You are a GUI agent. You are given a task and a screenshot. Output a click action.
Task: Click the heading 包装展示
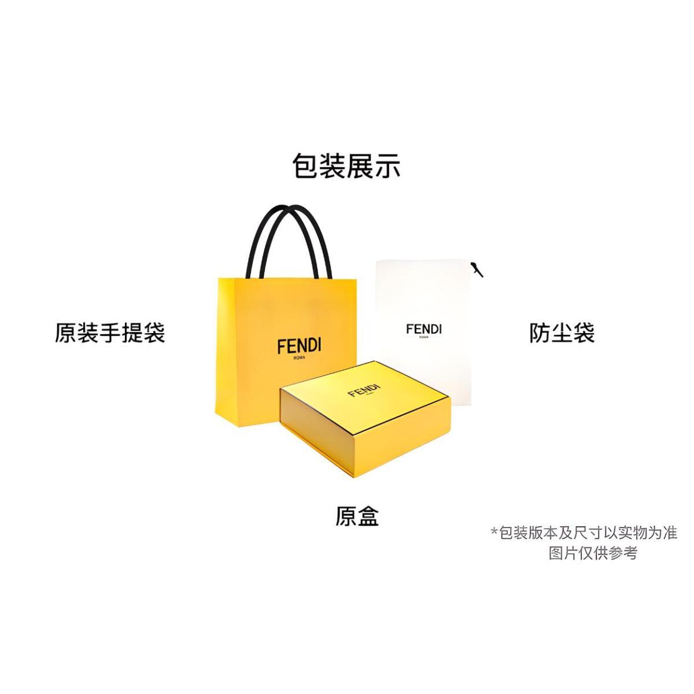pos(346,166)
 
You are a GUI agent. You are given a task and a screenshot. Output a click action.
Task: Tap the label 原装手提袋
pos(110,333)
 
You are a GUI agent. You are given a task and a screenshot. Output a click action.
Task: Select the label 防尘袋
pos(562,333)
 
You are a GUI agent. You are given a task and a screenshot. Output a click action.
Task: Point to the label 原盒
pos(357,516)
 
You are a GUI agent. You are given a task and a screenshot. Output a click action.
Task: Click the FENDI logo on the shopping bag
pos(298,346)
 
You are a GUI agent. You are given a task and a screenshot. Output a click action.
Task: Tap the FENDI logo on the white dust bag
pos(423,329)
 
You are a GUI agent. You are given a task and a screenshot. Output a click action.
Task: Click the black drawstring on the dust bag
pos(477,269)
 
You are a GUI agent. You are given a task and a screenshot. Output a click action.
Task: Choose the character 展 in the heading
pos(359,166)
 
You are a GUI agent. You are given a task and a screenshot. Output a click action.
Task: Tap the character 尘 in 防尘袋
pos(562,333)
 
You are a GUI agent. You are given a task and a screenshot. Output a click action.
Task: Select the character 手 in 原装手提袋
pos(110,333)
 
